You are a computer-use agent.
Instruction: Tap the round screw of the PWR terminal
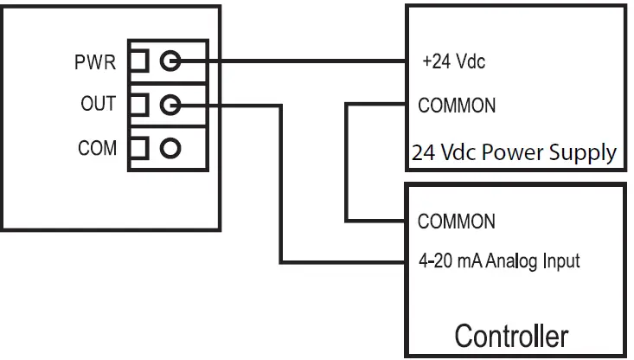pyautogui.click(x=170, y=61)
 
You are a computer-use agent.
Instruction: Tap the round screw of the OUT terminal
pyautogui.click(x=170, y=105)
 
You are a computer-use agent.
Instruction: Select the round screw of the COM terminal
pyautogui.click(x=170, y=147)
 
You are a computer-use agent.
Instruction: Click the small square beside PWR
pyautogui.click(x=138, y=61)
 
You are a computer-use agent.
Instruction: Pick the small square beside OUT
pyautogui.click(x=138, y=105)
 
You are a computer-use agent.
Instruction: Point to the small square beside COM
pyautogui.click(x=138, y=147)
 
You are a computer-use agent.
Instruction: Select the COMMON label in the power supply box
pyautogui.click(x=456, y=106)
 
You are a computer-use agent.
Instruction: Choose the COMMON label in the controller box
pyautogui.click(x=456, y=221)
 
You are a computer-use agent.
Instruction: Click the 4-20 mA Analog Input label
pyautogui.click(x=498, y=260)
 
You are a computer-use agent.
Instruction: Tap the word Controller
pyautogui.click(x=511, y=335)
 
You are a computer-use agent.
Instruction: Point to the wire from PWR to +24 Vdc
pyautogui.click(x=294, y=62)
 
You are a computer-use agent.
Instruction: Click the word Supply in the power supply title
pyautogui.click(x=586, y=153)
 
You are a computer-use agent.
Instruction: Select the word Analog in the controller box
pyautogui.click(x=516, y=260)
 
